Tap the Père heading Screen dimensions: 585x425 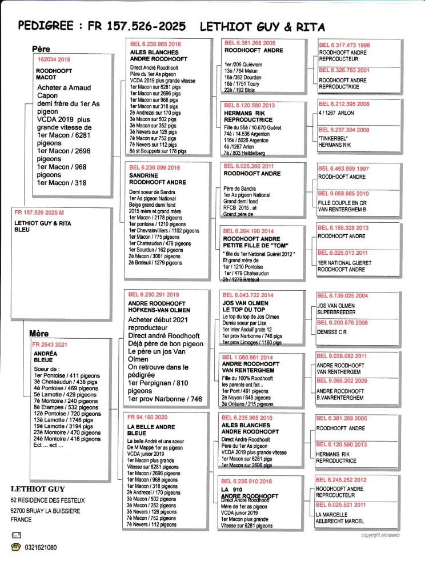43,50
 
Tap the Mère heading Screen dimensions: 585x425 39,333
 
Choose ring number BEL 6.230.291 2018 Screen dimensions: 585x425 154,295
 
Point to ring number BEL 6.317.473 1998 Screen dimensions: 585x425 344,45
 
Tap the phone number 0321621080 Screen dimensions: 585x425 41,547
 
